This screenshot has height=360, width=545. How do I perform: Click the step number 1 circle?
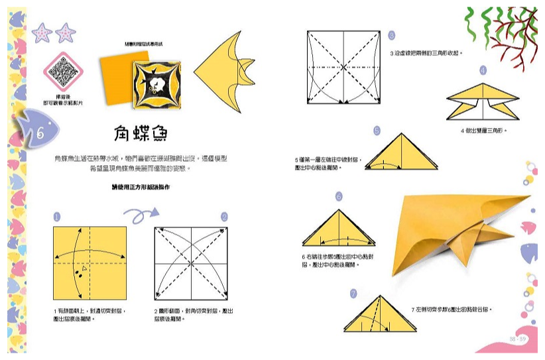pyautogui.click(x=57, y=217)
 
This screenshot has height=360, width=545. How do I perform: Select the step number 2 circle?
pyautogui.click(x=224, y=217)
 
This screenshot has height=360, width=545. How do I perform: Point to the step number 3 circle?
pyautogui.click(x=391, y=36)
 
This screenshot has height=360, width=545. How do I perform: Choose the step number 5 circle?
pyautogui.click(x=377, y=131)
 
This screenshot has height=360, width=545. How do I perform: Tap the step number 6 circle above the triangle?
pyautogui.click(x=339, y=196)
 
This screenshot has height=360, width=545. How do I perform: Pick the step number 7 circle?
pyautogui.click(x=353, y=293)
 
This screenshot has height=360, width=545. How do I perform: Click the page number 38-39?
pyautogui.click(x=518, y=339)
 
